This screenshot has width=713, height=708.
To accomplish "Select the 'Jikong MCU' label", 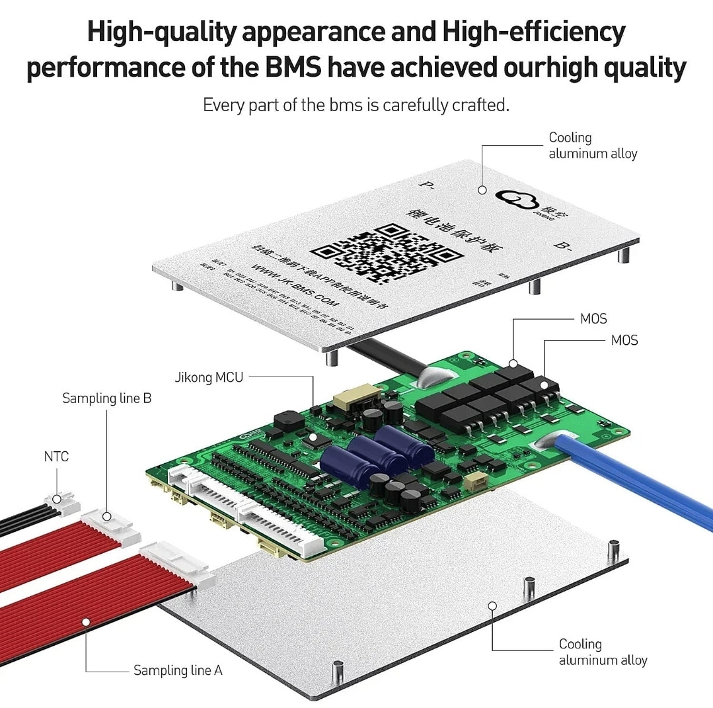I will click(209, 378).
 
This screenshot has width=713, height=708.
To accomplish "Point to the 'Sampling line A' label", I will click(178, 670).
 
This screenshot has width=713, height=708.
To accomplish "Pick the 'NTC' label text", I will click(56, 457).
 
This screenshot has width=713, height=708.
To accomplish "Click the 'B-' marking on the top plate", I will click(563, 245).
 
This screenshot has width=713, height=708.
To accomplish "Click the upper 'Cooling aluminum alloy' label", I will click(593, 146).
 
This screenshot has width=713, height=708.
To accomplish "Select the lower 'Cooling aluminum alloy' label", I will click(603, 652).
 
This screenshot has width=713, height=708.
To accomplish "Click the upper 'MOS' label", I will click(593, 319).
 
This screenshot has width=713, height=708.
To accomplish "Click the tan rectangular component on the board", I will click(350, 400).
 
